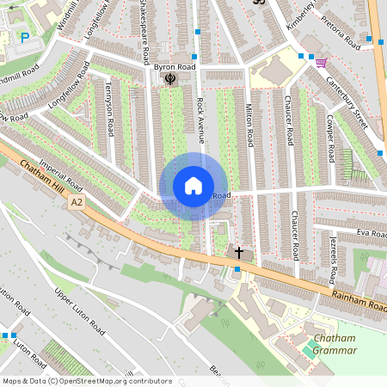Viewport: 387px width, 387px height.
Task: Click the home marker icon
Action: coord(193,186)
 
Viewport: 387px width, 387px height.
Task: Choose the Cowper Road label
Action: coord(329,134)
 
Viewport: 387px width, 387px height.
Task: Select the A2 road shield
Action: coord(77,202)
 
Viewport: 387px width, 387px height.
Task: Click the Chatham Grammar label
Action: coord(335,345)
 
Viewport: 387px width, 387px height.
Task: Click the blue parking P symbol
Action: coord(25,37)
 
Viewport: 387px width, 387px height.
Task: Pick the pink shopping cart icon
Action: coord(321,62)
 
